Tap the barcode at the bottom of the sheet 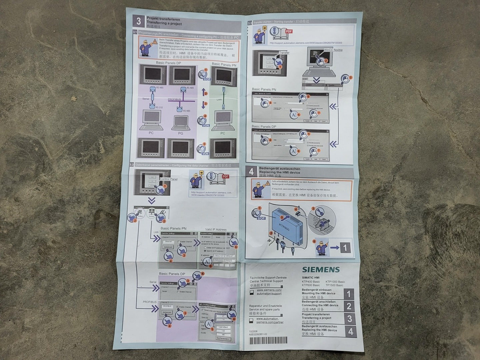268,341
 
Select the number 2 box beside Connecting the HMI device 349,306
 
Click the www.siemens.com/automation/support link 269,292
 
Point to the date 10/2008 253,331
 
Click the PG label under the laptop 180,133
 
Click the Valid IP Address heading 216,229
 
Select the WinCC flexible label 333,50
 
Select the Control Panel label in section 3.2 169,179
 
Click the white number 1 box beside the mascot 345,248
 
